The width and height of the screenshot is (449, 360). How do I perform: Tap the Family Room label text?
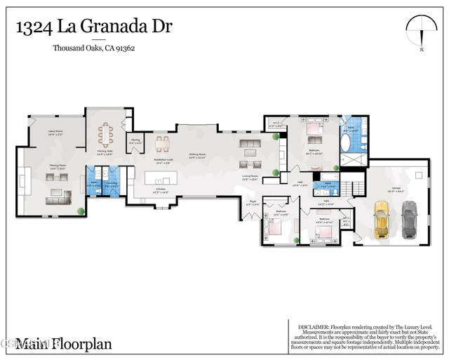58,166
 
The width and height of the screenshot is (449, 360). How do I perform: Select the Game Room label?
55,132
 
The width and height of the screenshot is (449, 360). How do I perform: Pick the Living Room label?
251,178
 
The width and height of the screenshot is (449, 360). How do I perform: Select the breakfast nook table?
162,144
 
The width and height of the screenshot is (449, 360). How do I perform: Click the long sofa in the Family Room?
58,201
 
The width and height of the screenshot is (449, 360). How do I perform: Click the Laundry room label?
111,185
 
